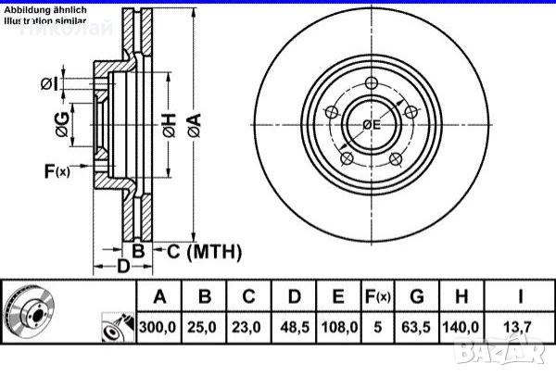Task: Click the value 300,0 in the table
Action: click(x=158, y=327)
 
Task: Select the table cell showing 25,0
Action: click(x=205, y=327)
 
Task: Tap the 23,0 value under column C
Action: click(x=249, y=327)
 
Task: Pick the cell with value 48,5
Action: click(x=294, y=327)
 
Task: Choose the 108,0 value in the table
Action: click(x=339, y=327)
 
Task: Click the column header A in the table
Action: click(x=158, y=297)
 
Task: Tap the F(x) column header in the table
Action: click(x=377, y=297)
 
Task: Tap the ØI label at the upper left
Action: click(x=50, y=84)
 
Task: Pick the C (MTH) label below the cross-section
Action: click(x=201, y=251)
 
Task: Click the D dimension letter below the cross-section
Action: click(x=122, y=268)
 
